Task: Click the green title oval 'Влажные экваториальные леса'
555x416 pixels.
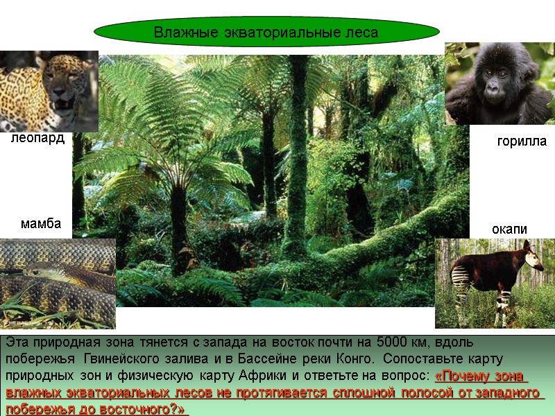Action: click(x=266, y=32)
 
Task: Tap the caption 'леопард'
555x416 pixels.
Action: click(x=37, y=139)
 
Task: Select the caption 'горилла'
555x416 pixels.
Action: click(x=522, y=141)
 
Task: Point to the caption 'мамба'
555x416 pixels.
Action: click(x=41, y=224)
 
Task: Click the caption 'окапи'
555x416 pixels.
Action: click(x=509, y=229)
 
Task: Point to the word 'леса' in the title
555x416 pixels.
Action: click(x=361, y=32)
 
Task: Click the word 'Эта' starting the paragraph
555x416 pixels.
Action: click(x=17, y=343)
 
